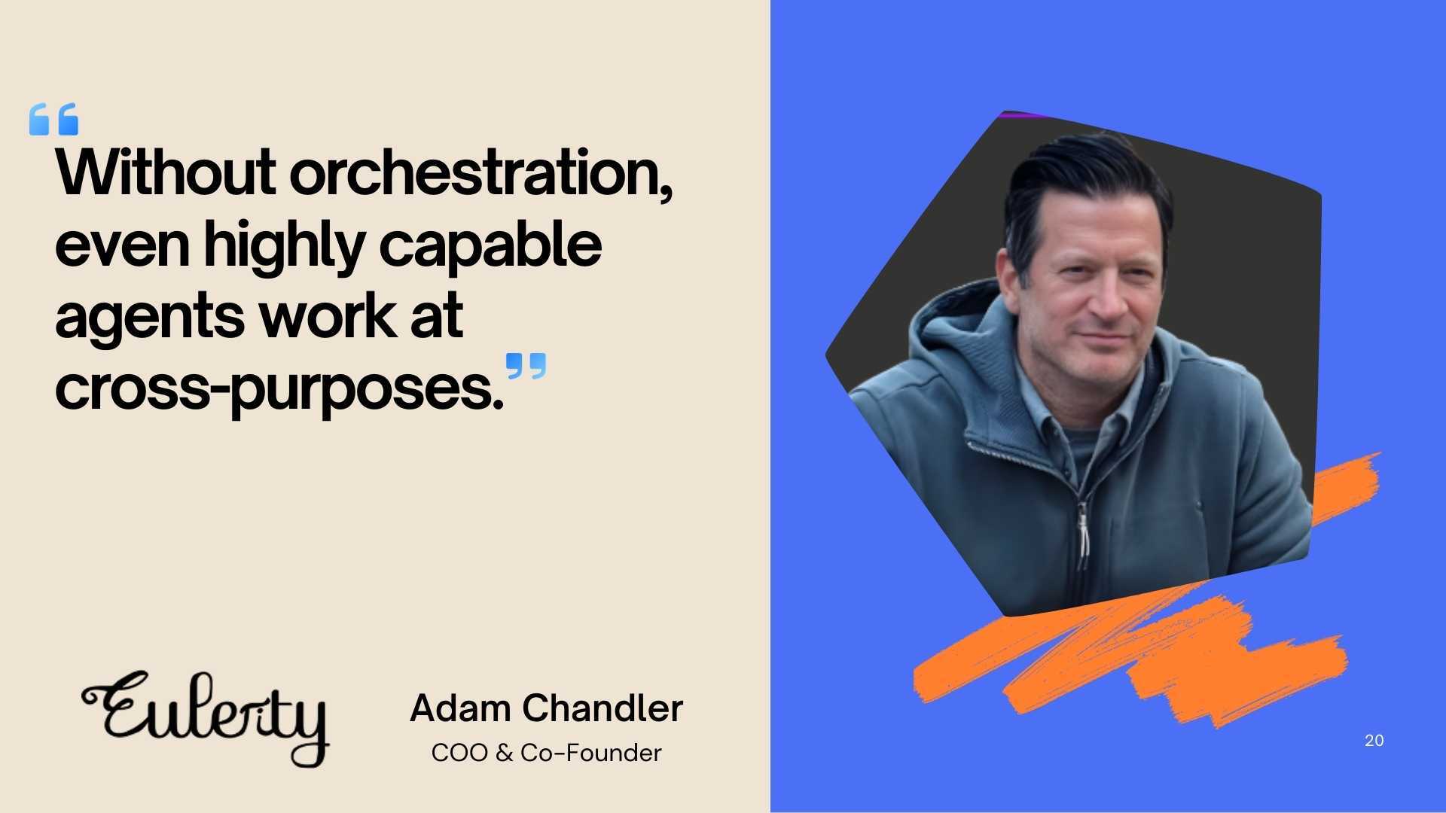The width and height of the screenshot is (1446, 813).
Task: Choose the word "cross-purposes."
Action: coord(279,388)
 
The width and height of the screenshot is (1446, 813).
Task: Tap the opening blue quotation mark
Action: coord(53,119)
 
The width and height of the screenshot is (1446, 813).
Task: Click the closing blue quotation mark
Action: coord(526,366)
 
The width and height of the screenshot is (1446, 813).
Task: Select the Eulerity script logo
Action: coord(206,717)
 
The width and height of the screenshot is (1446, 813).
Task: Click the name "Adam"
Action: coord(461,708)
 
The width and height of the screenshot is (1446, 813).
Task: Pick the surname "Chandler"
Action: coord(602,708)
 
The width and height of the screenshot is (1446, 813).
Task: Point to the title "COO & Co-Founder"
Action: coord(546,753)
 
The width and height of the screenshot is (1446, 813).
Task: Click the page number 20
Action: coord(1374,741)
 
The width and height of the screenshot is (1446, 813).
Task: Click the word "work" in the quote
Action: coord(328,316)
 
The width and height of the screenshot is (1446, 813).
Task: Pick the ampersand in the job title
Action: coord(504,753)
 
